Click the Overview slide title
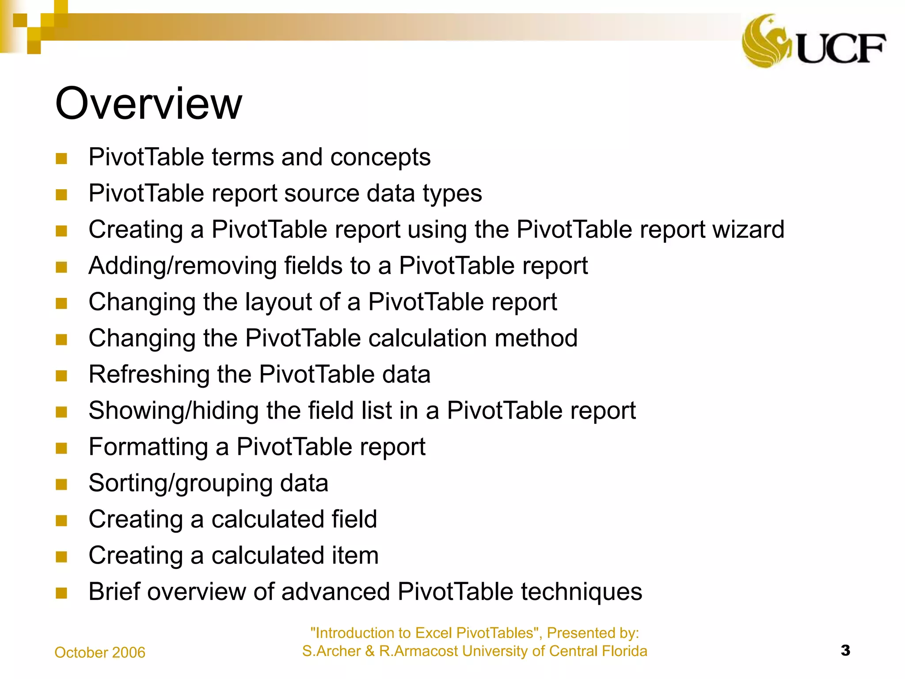coord(148,103)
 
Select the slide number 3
coord(845,650)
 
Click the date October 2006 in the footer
coord(100,652)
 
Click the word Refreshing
coord(149,374)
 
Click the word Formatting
coord(148,447)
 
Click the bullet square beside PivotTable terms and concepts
coord(61,158)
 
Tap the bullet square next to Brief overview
coord(61,593)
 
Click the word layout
coord(278,302)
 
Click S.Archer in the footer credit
coord(331,651)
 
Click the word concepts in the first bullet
coord(380,157)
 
